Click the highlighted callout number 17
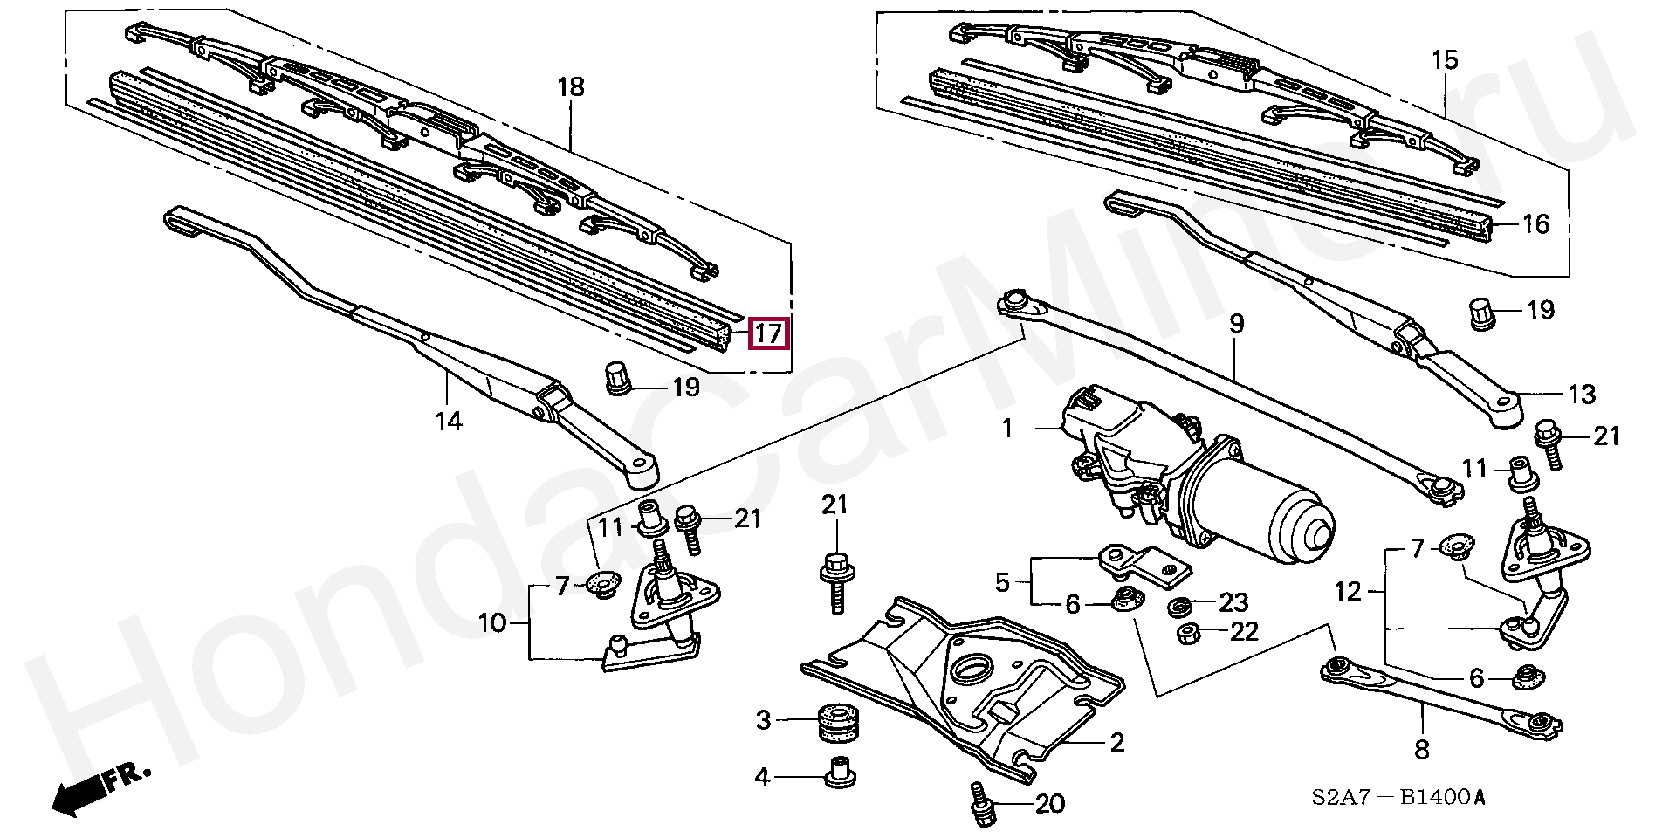[x=768, y=333]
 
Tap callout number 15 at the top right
[x=1445, y=60]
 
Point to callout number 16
[x=1535, y=224]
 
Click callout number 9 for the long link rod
[x=1236, y=324]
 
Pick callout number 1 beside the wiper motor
[x=1007, y=429]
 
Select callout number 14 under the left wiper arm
[x=448, y=422]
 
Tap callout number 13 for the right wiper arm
[x=1582, y=395]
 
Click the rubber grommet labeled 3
[x=838, y=722]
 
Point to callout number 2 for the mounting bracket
[x=1116, y=743]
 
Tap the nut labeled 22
[x=1186, y=633]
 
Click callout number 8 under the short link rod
[x=1422, y=748]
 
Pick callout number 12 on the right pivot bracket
[x=1348, y=592]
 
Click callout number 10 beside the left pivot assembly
[x=492, y=623]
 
